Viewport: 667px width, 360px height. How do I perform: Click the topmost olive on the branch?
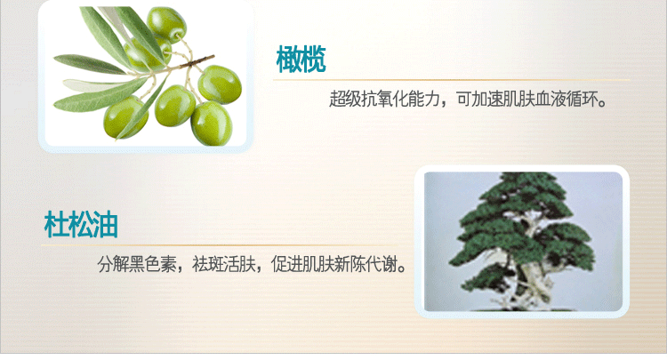(167, 24)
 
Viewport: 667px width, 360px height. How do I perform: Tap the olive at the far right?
(220, 84)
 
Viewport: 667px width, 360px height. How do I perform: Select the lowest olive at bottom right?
(212, 124)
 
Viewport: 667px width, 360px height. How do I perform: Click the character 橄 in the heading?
(289, 60)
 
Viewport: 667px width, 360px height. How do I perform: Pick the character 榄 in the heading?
(314, 60)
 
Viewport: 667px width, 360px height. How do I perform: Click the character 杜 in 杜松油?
(57, 224)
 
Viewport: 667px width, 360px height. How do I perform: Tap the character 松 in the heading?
(81, 224)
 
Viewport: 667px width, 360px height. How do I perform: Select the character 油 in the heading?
(106, 224)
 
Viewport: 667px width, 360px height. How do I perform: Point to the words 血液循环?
(567, 99)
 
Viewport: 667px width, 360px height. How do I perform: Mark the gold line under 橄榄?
(451, 79)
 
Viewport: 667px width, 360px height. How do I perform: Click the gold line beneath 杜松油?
(220, 245)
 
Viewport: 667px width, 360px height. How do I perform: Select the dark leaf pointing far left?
(87, 63)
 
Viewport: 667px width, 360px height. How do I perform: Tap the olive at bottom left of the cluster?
(125, 117)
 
